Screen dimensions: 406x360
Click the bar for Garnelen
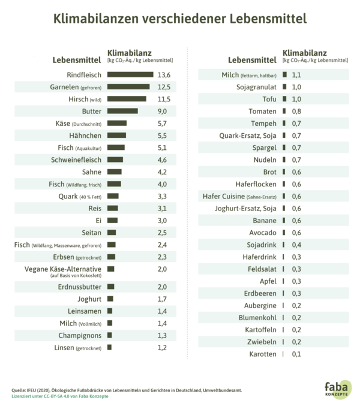[128, 88]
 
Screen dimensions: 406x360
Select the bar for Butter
[122, 112]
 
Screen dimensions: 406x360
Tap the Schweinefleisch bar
[115, 160]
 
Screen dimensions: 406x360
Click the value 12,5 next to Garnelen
[164, 88]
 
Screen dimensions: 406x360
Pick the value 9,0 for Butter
[163, 112]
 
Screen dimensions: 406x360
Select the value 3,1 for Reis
[163, 208]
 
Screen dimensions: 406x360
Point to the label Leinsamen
[85, 311]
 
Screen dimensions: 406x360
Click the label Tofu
[269, 99]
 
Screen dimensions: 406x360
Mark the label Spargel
[265, 148]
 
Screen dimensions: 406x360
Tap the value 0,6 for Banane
[296, 220]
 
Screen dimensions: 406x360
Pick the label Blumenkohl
[257, 317]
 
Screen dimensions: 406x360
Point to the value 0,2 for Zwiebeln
[296, 342]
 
